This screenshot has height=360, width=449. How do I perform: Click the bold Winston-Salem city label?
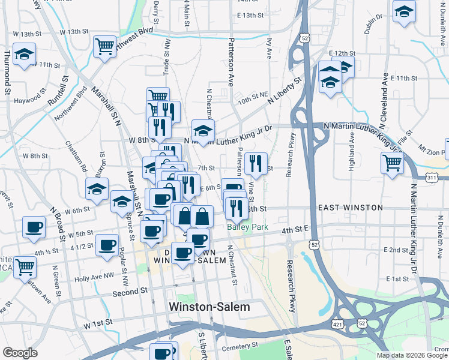pos(209,307)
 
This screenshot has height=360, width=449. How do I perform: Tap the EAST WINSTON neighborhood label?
pos(351,208)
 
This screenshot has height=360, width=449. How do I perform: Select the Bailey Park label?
pos(247,227)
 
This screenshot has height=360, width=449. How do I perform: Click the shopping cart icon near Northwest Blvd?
pos(104,46)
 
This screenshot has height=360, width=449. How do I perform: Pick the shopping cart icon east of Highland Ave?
pos(391,162)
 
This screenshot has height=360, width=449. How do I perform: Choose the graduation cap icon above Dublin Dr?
pos(405,11)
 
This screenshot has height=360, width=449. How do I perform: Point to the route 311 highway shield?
pos(432,178)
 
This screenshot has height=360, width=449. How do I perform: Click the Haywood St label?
pos(31,100)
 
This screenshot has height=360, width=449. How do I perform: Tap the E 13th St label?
pos(250,15)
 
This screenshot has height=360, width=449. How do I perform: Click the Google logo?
pos(20,353)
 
